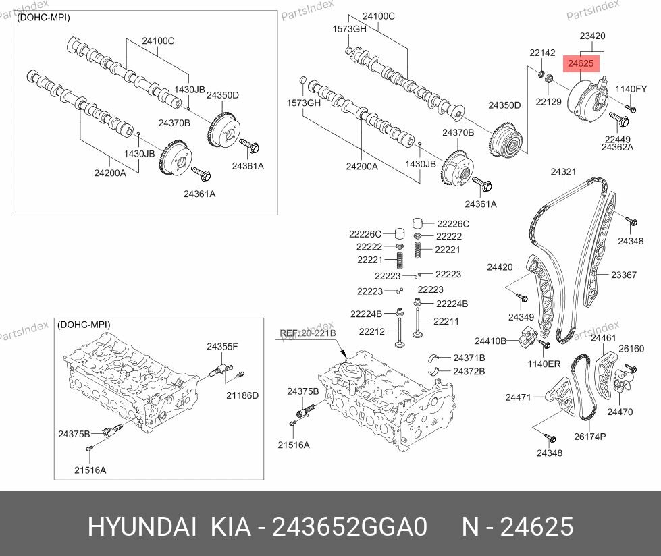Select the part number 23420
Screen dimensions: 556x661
[x=592, y=36]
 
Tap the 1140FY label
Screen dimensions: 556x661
[x=631, y=89]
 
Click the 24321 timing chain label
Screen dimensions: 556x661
[x=563, y=172]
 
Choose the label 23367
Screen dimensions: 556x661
[x=624, y=275]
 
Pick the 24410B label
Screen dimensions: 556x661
[x=490, y=341]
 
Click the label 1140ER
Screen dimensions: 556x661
[x=544, y=364]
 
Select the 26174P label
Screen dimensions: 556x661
[x=590, y=437]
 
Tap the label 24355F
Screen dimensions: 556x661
[x=222, y=346]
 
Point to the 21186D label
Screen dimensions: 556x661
[x=242, y=395]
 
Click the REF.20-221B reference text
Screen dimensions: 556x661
[x=308, y=333]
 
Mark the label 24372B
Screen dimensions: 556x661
[x=469, y=371]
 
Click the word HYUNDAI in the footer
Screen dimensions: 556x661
[x=142, y=526]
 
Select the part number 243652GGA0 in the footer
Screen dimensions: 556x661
[x=348, y=526]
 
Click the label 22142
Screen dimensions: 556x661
[x=541, y=53]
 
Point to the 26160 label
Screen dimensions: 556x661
[x=631, y=349]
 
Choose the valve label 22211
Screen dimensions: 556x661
[x=446, y=321]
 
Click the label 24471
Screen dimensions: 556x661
[x=519, y=397]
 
